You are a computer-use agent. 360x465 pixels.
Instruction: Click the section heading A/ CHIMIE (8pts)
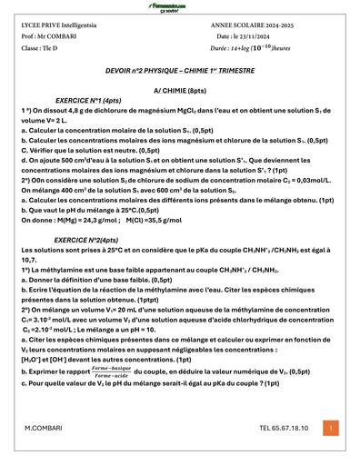point(179,91)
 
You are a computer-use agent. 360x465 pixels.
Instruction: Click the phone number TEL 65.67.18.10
point(284,427)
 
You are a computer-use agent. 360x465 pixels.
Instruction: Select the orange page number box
point(331,427)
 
